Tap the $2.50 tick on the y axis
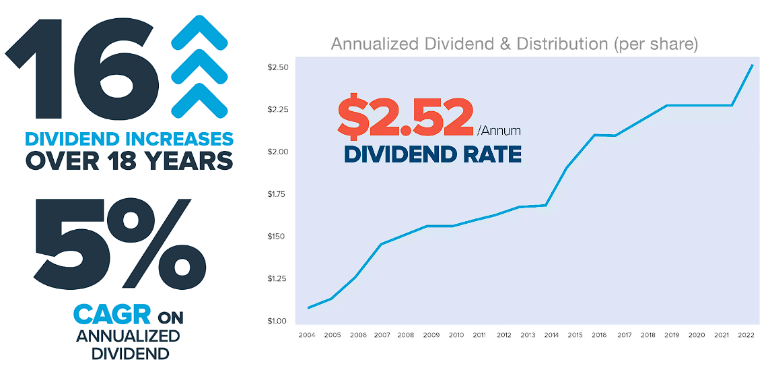coord(277,67)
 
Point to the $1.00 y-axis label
coord(277,321)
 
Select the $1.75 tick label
coord(277,194)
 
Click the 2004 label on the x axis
coord(307,334)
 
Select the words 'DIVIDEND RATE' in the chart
coord(432,154)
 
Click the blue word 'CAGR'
coord(112,315)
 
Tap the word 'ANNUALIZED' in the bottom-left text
coord(128,336)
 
